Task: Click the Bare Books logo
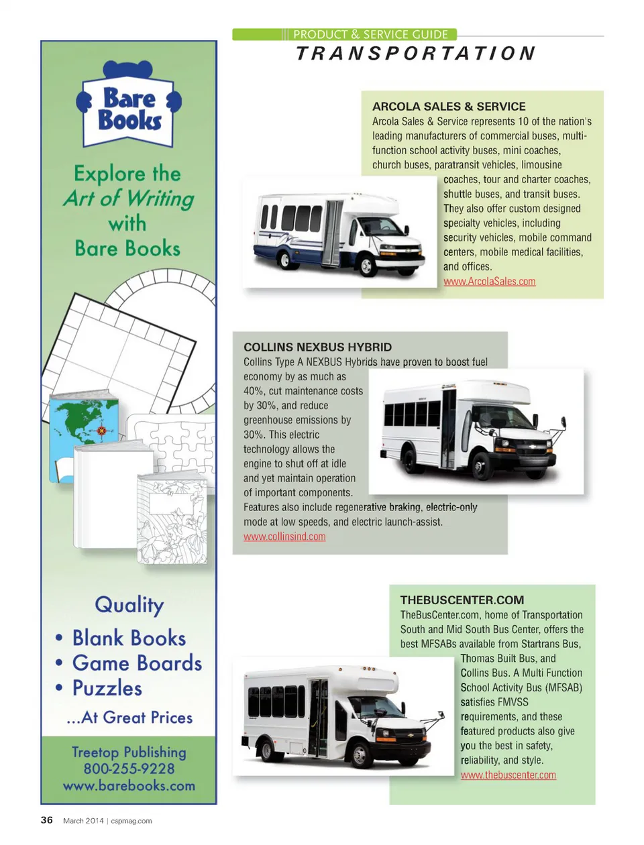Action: pos(129,104)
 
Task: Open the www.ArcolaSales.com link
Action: pos(489,282)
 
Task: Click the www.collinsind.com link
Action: pos(284,537)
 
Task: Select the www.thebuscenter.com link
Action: pos(508,775)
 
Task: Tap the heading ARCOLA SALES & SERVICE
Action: pos(449,106)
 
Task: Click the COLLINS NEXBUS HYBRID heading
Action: pos(317,347)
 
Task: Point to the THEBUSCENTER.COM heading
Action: pos(462,600)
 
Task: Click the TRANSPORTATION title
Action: pos(416,53)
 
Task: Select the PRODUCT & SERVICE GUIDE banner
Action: pos(345,34)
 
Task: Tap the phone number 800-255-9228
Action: pos(129,769)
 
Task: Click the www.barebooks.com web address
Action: pos(129,786)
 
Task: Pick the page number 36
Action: pos(46,820)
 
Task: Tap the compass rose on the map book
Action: pos(101,430)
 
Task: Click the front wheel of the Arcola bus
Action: pos(366,265)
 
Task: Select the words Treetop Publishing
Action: pos(129,752)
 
